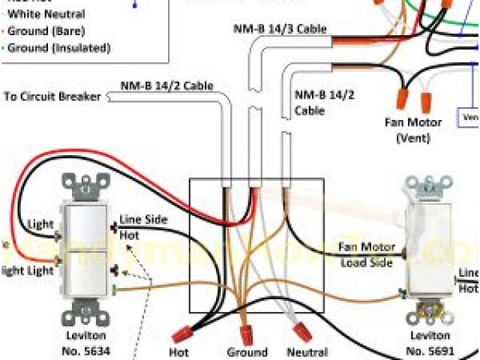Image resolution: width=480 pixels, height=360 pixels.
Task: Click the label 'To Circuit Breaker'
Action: click(55, 96)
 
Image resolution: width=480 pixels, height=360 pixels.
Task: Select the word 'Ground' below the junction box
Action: click(247, 352)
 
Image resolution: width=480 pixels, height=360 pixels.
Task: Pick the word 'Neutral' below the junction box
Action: click(307, 352)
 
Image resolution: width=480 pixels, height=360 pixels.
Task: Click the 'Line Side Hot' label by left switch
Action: click(143, 227)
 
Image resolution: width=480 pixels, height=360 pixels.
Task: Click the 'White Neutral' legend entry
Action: click(46, 14)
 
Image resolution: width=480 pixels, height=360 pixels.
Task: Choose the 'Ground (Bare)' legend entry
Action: click(46, 31)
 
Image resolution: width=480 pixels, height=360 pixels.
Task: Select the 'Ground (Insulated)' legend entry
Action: click(59, 47)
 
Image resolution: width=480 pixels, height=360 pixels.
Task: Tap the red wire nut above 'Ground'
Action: click(246, 332)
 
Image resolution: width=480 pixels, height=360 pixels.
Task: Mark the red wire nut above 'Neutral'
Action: click(302, 331)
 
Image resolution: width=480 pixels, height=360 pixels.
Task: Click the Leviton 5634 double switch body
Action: click(86, 247)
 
